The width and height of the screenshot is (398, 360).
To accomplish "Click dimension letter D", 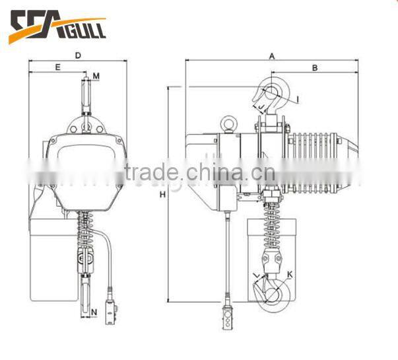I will [x=78, y=55].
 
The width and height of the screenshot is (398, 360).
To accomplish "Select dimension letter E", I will [x=57, y=67].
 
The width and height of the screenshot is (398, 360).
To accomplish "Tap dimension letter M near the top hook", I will [x=96, y=77].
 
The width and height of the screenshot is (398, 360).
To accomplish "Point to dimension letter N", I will [x=95, y=311].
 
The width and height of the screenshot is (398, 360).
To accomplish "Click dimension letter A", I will [x=272, y=56].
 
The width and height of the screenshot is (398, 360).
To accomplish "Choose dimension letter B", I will [x=315, y=67].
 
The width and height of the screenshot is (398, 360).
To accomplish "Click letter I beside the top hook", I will [x=297, y=100].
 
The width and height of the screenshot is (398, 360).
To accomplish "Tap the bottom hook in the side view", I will [x=275, y=291].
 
